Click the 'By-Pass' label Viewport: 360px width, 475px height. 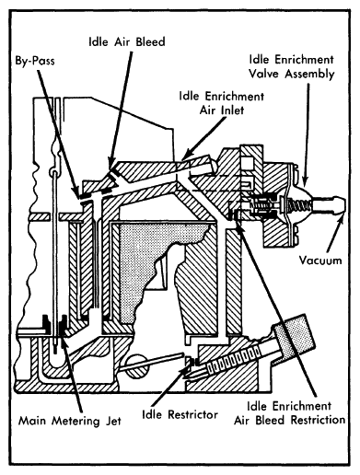[x=35, y=61]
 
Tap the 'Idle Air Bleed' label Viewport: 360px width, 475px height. [x=127, y=41]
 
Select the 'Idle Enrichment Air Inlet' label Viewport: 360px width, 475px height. [x=222, y=103]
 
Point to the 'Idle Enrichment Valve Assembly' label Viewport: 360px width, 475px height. [x=291, y=67]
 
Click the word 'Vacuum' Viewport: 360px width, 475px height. [x=320, y=261]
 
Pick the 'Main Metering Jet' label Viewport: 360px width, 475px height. [x=70, y=420]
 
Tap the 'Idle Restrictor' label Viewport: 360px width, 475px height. [x=180, y=414]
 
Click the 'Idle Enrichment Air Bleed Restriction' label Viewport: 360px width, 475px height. [x=289, y=412]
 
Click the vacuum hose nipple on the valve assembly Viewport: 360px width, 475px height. [x=329, y=204]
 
